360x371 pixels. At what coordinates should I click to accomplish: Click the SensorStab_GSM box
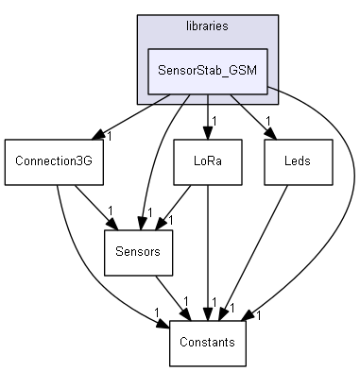208,70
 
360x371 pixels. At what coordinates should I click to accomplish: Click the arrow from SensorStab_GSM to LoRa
208,115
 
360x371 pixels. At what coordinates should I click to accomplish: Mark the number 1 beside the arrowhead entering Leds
268,121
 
